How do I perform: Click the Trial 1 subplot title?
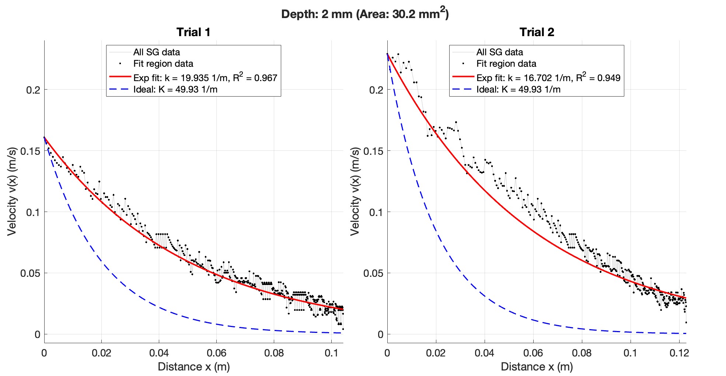(193, 32)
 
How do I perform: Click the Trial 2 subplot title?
(537, 32)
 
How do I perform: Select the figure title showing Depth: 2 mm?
(365, 14)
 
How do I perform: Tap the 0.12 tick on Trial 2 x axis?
(679, 353)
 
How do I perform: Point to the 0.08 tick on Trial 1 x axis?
(274, 353)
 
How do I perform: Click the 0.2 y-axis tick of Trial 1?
(33, 90)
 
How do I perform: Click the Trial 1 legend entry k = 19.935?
(205, 78)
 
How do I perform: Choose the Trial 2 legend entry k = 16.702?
(548, 78)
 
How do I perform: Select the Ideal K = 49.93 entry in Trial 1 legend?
(175, 90)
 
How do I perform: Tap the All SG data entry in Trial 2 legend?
(499, 52)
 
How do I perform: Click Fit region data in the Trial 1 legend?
(163, 64)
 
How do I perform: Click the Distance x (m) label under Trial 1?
(193, 367)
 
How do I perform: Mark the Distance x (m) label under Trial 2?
(537, 367)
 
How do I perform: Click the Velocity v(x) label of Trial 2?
(355, 191)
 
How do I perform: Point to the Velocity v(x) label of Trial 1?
(12, 191)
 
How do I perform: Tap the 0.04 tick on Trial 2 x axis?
(484, 353)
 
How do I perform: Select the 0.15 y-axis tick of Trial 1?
(31, 151)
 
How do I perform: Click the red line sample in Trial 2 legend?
(463, 77)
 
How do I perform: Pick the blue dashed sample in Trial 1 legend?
(120, 89)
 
